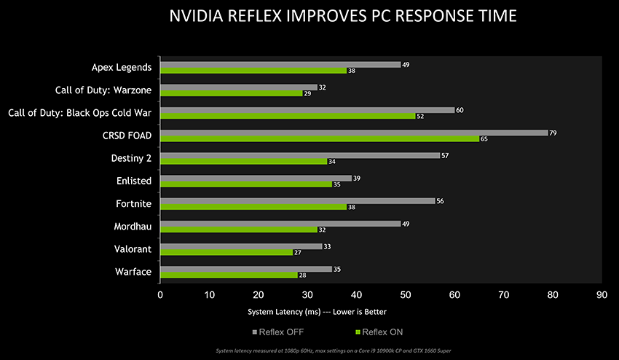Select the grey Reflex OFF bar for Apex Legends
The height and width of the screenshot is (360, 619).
[280, 64]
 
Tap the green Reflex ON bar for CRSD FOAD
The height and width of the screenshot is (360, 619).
[320, 138]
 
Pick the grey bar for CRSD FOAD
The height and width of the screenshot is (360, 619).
[354, 133]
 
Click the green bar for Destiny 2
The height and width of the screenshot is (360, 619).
[243, 161]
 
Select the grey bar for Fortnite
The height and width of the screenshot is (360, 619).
[297, 201]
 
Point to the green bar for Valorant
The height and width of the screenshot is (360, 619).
[226, 252]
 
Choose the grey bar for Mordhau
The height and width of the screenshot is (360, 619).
[280, 224]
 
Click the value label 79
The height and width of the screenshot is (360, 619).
[553, 133]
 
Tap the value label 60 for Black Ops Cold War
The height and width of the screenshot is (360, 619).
[460, 110]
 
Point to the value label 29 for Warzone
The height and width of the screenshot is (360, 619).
[307, 93]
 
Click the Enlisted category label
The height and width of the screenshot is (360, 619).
[133, 181]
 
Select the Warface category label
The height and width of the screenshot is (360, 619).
[134, 272]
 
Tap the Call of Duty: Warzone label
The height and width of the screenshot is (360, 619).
[103, 90]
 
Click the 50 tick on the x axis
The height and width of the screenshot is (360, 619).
[406, 295]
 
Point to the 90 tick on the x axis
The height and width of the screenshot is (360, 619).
[602, 295]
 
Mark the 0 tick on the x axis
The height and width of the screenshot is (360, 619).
[160, 295]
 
